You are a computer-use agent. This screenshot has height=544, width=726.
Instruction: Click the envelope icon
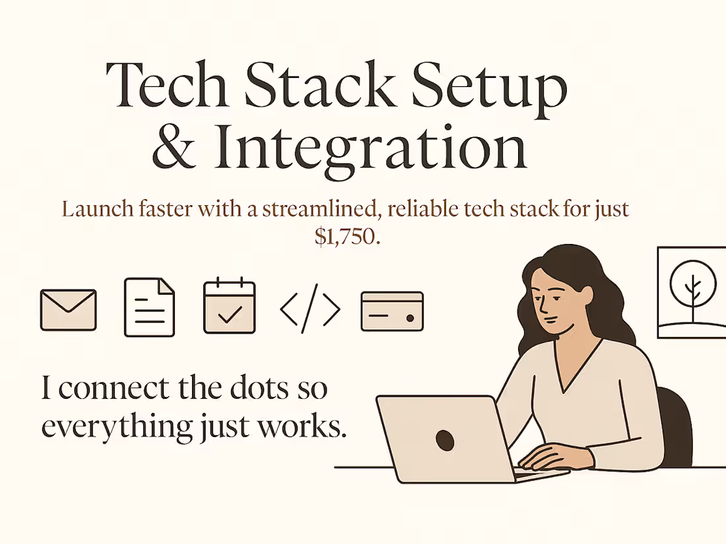[x=68, y=310]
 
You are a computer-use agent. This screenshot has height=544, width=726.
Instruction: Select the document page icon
[x=150, y=308]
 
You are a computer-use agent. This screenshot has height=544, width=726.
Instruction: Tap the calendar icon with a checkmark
[x=229, y=307]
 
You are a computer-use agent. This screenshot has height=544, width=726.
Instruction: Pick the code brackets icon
[x=310, y=308]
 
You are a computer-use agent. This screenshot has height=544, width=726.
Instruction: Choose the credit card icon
[x=392, y=311]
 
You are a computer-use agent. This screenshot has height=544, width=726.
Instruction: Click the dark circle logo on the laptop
[x=445, y=440]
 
